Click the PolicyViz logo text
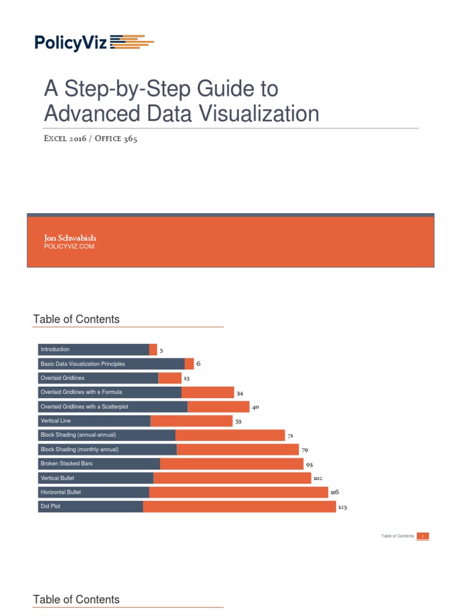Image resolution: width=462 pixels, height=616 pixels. tap(70, 42)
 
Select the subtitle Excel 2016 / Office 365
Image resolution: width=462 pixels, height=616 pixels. tap(91, 139)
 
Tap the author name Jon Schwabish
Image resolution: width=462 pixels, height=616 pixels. tap(70, 238)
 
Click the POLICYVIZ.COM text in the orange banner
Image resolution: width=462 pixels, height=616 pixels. tap(69, 247)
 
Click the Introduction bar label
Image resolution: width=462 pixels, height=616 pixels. tap(55, 350)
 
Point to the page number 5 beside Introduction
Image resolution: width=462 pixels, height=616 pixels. tap(161, 350)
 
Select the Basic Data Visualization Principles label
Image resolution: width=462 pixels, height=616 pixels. tap(82, 364)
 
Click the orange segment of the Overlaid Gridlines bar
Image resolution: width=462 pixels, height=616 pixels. tap(170, 378)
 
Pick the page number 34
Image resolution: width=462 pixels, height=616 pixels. tap(239, 393)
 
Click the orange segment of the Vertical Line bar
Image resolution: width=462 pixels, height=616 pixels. tap(191, 421)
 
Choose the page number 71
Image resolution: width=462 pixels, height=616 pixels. tap(290, 436)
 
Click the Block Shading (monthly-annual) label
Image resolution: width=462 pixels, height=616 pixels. tap(79, 449)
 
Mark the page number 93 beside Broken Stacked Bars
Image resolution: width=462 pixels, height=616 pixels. tap(309, 464)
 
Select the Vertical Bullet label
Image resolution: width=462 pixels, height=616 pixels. tap(57, 478)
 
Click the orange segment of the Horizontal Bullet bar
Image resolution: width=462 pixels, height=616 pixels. tap(238, 492)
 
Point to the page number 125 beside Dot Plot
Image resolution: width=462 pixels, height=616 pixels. tap(342, 507)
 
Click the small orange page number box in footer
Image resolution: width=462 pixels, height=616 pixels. tap(423, 536)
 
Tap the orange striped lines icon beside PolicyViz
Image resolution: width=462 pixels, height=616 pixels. tap(132, 42)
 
